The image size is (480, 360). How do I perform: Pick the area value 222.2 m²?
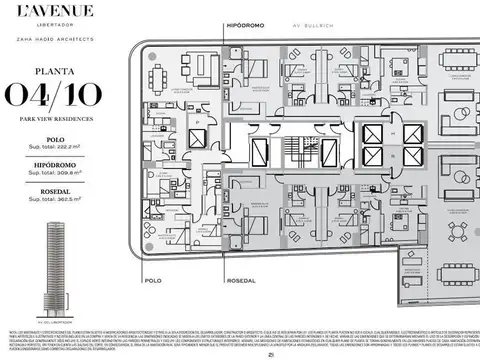tap(55, 146)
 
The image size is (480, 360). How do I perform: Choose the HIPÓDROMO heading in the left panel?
tap(55, 162)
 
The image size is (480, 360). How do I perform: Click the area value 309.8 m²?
tap(55, 172)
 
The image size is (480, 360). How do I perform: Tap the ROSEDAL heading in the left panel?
tap(55, 188)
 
